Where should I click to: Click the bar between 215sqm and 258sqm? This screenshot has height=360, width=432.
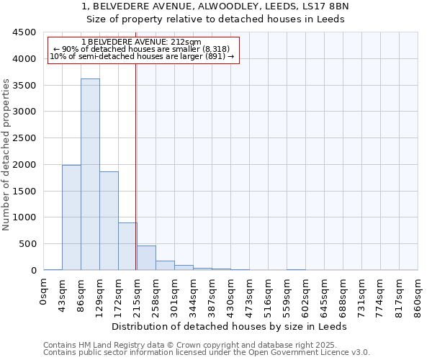(146, 258)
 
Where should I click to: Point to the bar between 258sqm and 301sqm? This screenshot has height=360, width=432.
(165, 265)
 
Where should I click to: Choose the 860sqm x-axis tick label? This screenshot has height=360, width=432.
(418, 297)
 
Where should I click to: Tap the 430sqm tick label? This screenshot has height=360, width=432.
(231, 297)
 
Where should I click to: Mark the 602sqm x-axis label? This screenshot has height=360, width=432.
(306, 297)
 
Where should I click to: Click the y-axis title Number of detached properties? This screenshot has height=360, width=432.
(6, 155)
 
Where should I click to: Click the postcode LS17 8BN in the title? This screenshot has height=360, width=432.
(327, 6)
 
